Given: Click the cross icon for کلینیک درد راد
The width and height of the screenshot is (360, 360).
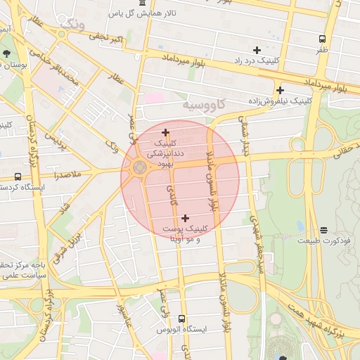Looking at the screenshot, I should [257, 50].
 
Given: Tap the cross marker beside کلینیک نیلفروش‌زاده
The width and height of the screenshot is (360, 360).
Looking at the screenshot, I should [280, 90].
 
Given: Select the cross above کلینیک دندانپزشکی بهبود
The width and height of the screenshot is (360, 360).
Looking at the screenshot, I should [165, 132].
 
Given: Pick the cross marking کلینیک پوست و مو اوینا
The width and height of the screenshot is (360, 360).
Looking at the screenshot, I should [185, 218].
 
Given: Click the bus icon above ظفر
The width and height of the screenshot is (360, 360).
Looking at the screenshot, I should [322, 39].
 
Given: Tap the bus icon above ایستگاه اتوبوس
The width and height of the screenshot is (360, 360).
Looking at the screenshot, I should [182, 319].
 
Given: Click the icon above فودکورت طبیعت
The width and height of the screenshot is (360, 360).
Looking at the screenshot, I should [323, 230].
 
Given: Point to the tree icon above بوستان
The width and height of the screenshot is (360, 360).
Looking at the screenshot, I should [6, 53].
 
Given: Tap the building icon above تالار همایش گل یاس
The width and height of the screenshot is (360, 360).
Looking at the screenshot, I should [143, 3].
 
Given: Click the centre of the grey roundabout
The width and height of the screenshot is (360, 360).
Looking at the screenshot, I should [139, 168].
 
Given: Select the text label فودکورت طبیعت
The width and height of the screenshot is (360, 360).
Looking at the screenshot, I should [323, 240].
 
